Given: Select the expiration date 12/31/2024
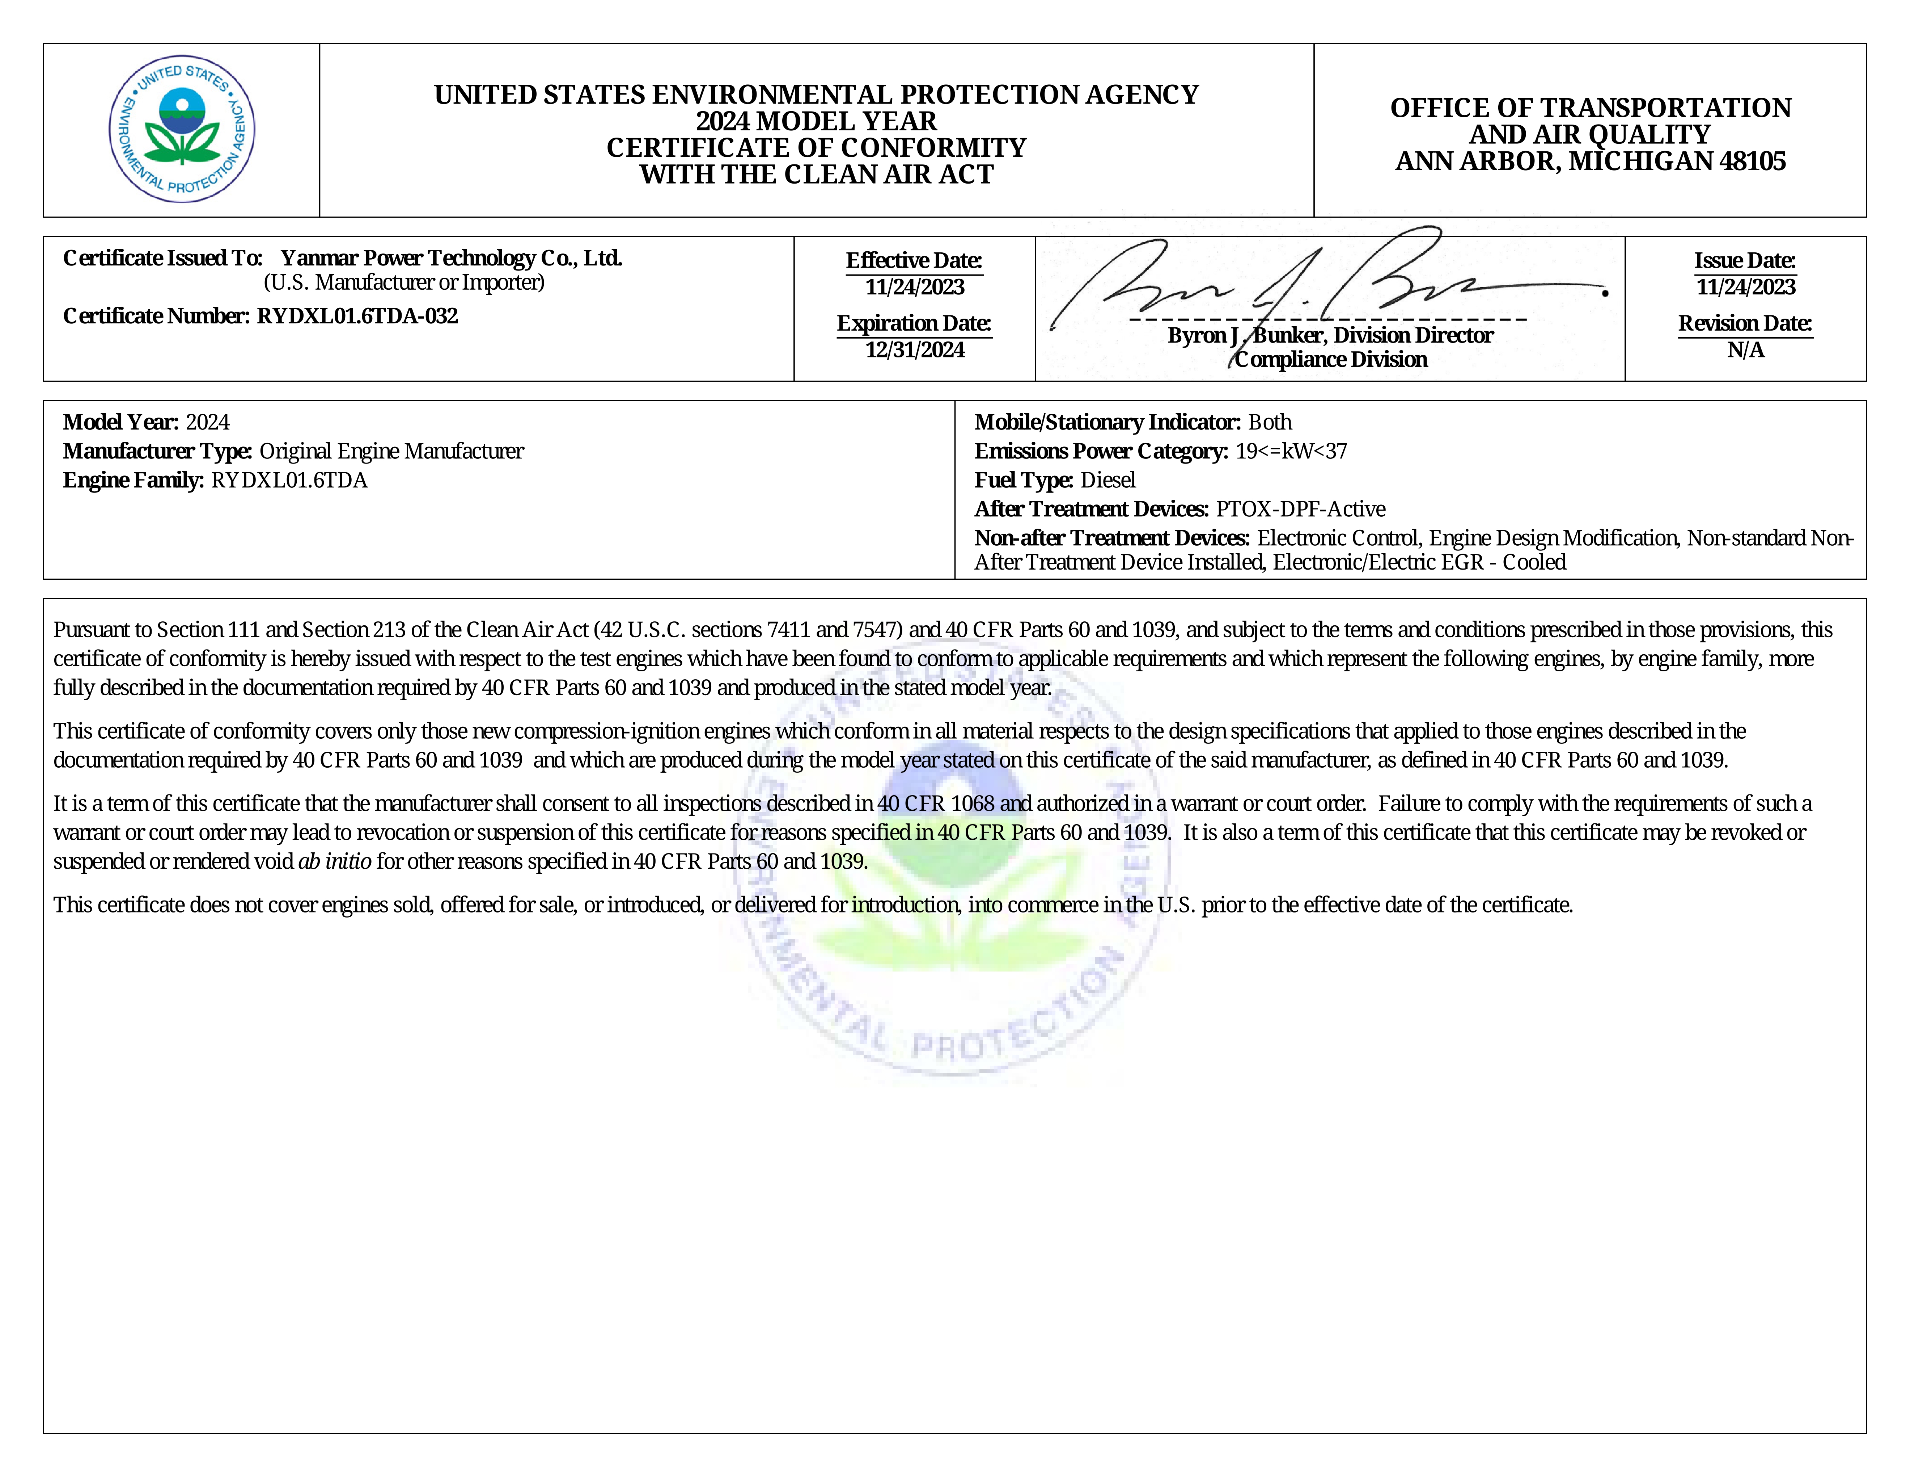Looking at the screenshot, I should coord(915,350).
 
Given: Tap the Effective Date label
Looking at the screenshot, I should coord(914,261).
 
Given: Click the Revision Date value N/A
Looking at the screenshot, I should coord(1746,350).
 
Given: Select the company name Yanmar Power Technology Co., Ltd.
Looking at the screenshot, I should coord(451,258).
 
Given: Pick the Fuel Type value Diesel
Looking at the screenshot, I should coord(1108,481).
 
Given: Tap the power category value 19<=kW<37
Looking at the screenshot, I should coord(1291,452).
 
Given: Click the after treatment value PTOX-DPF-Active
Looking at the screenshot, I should coord(1300,509).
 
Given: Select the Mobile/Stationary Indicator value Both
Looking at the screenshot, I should coord(1270,423).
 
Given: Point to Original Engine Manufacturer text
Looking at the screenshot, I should coord(392,452).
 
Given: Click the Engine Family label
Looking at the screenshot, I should coord(133,481).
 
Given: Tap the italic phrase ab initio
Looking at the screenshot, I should coord(334,862).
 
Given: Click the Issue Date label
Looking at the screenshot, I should coord(1745,261).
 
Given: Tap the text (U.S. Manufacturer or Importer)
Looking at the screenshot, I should coord(404,283).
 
